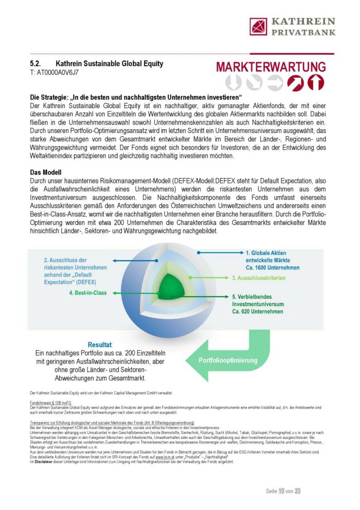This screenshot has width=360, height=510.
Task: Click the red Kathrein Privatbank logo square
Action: tap(259, 26)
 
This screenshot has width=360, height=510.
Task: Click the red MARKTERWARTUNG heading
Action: tap(270, 67)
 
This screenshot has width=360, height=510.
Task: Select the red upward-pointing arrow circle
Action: tap(316, 82)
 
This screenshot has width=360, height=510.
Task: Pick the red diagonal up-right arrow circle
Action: tap(295, 82)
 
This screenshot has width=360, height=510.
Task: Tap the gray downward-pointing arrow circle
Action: tap(234, 82)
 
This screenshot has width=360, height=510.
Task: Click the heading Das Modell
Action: tap(46, 173)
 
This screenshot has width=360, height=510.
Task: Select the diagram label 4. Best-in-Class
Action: tap(88, 293)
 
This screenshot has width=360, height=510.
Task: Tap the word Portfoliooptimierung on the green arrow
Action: tap(228, 361)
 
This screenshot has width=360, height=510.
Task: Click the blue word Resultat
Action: tap(100, 345)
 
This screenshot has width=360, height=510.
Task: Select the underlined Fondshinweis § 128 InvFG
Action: tap(46, 402)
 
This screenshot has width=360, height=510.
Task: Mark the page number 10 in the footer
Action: tap(282, 491)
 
